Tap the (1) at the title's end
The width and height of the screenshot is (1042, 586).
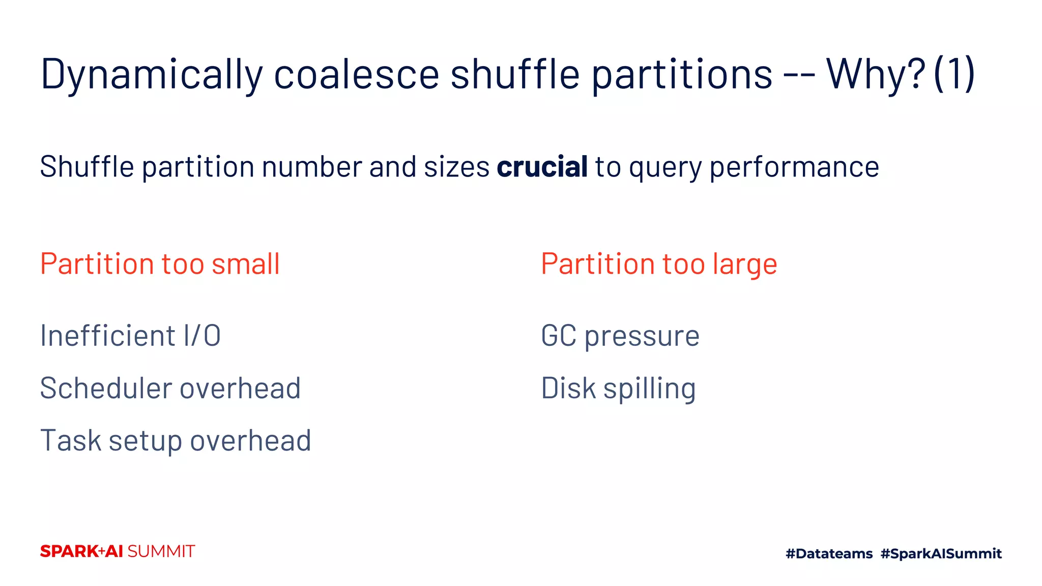click(x=954, y=74)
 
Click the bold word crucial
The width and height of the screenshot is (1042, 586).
click(x=542, y=167)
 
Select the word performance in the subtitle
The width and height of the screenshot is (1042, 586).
click(x=794, y=168)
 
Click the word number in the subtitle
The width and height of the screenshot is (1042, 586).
click(x=311, y=167)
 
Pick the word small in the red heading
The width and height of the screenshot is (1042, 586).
click(x=246, y=264)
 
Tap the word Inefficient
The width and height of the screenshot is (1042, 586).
click(x=107, y=336)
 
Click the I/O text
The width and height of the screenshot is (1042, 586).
click(x=202, y=336)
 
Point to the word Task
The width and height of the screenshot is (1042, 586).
click(x=70, y=441)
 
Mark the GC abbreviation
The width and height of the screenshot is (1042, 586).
click(x=558, y=336)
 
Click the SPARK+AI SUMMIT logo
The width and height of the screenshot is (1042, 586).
click(x=118, y=551)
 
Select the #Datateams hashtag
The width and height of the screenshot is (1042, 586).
click(x=829, y=553)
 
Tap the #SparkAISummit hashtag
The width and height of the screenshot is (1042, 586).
click(x=941, y=553)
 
